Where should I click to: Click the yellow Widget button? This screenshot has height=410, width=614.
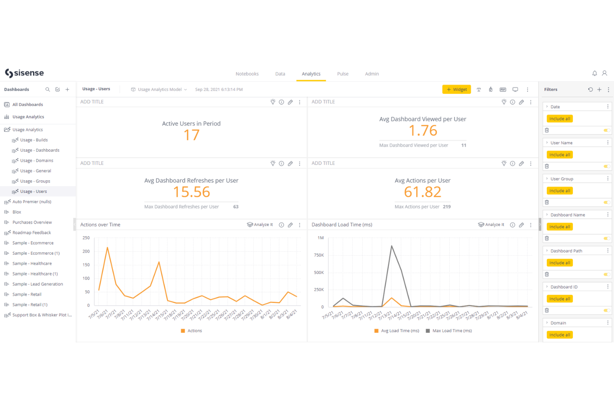[x=456, y=89]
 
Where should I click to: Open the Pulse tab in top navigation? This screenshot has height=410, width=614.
[x=343, y=74]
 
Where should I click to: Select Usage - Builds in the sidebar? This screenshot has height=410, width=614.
[x=34, y=140]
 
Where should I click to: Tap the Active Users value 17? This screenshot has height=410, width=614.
[x=191, y=135]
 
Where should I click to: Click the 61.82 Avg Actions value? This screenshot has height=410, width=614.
[x=422, y=192]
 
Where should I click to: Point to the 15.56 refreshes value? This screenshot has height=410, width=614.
[x=191, y=192]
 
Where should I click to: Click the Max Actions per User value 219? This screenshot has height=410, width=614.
[x=446, y=207]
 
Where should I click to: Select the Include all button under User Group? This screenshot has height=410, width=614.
[x=559, y=191]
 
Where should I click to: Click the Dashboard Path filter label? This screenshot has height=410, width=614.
[x=566, y=251]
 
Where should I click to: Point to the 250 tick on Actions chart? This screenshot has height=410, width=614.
[x=86, y=238]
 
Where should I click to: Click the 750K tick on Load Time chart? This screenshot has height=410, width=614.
[x=319, y=255]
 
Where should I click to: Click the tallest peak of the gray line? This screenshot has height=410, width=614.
[x=392, y=246]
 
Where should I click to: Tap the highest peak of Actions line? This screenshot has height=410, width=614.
[x=107, y=248]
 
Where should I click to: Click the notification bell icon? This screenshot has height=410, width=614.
[x=595, y=74]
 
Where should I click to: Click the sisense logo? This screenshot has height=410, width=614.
[x=24, y=73]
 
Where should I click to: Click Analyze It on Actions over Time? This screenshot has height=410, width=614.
[x=260, y=225]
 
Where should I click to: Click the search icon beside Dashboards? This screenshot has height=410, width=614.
[x=48, y=89]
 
